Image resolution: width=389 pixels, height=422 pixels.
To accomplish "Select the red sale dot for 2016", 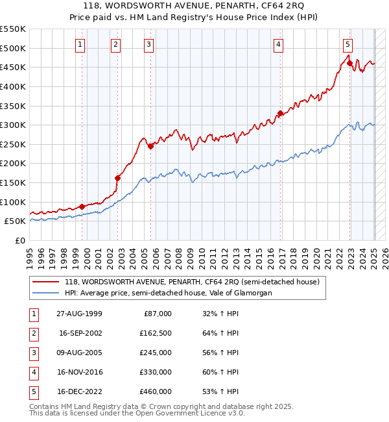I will (x=280, y=114).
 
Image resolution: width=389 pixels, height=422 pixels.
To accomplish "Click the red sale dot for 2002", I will (x=118, y=178).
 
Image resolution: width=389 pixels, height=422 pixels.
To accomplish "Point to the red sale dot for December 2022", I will (x=349, y=64).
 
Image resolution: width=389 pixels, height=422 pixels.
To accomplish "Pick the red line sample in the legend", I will (x=45, y=282).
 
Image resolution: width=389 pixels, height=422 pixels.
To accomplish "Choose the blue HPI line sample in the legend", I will (x=45, y=293).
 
